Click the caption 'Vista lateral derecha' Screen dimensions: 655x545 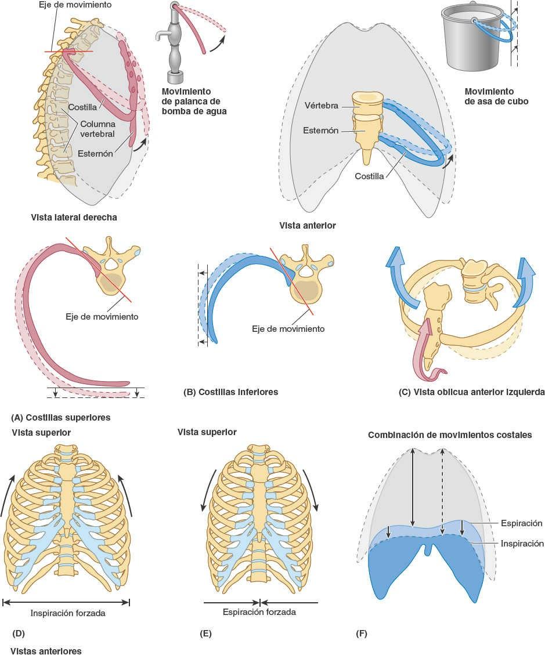tap(74, 218)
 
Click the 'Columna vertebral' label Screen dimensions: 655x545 tap(97, 129)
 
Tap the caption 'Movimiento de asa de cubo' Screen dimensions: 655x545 tap(489, 96)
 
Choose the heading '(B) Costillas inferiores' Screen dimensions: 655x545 tap(230, 392)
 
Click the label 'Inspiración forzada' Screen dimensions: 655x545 tap(67, 613)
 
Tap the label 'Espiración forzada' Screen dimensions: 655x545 tap(259, 612)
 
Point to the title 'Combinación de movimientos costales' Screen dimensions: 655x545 tap(450, 435)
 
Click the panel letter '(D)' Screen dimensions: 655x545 tap(18, 634)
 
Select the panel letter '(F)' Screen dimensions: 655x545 tap(361, 634)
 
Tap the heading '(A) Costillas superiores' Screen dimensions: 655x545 tap(60, 417)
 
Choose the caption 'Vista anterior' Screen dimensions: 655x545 tap(307, 225)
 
